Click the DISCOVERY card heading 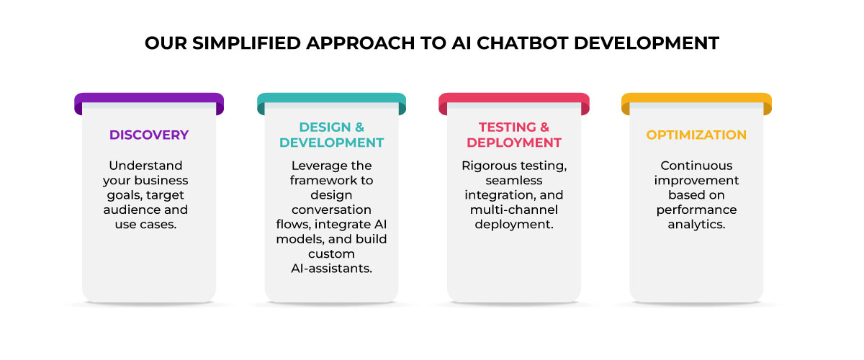pyautogui.click(x=149, y=135)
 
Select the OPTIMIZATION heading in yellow pyautogui.click(x=696, y=135)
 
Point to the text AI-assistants pyautogui.click(x=331, y=269)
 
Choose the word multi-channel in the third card pyautogui.click(x=514, y=210)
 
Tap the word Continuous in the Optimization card pyautogui.click(x=696, y=166)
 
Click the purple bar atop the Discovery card pyautogui.click(x=149, y=99)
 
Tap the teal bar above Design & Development pyautogui.click(x=331, y=99)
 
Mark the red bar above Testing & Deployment pyautogui.click(x=514, y=99)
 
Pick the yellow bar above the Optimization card pyautogui.click(x=696, y=99)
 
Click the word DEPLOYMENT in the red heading pyautogui.click(x=514, y=143)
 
